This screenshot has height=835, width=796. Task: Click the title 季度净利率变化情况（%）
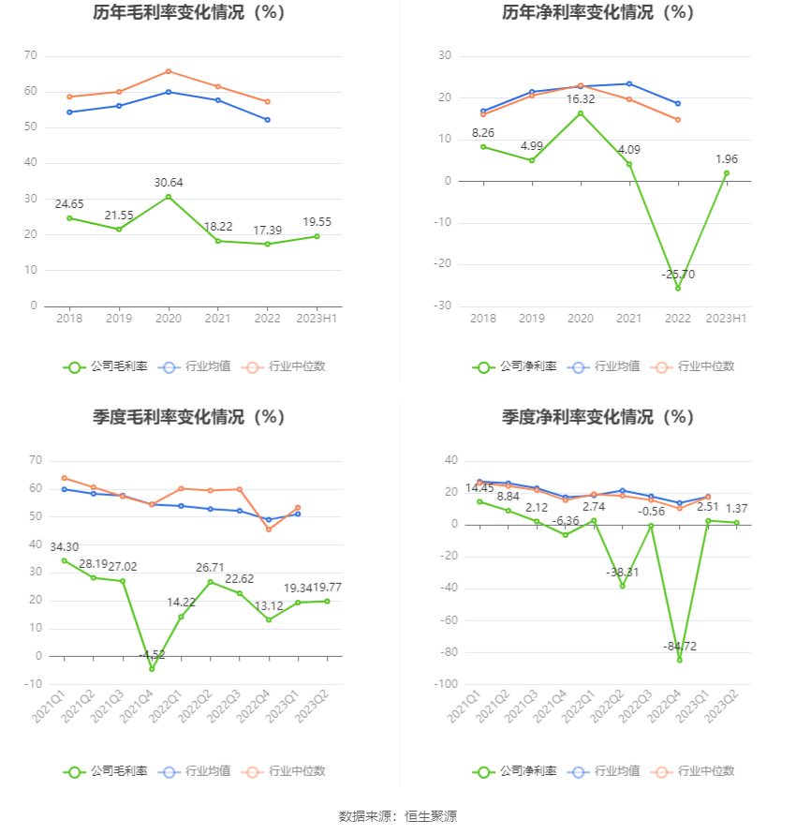(597, 417)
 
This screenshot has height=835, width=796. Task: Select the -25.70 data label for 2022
(678, 275)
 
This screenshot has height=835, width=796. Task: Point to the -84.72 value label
(680, 647)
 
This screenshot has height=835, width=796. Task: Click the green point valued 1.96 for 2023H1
(726, 173)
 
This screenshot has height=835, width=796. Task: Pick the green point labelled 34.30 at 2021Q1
(65, 560)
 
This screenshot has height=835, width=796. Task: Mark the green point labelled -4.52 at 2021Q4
(152, 669)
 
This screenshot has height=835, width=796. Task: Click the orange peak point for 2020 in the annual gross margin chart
(169, 71)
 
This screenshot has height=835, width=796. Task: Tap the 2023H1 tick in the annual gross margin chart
(317, 319)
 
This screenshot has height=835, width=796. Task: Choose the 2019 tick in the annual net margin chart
(532, 319)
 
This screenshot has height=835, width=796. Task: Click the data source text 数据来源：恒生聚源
(397, 816)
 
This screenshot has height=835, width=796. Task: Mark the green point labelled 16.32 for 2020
(581, 113)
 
